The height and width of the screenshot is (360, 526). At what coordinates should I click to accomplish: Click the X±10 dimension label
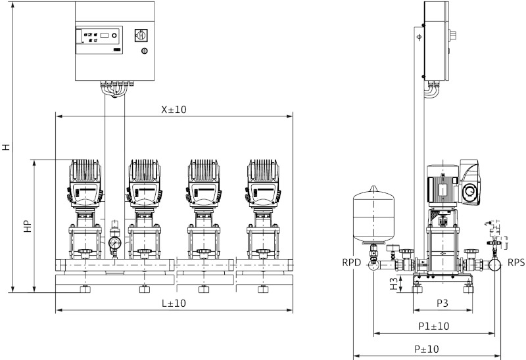coord(174,110)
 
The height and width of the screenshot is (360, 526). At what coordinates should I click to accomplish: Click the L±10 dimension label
coord(174,303)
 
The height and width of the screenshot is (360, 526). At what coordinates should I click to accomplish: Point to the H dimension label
coord(7,148)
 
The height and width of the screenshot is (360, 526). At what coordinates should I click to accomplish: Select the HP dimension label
coord(28,225)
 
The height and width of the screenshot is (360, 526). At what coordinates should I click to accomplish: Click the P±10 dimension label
coord(427,349)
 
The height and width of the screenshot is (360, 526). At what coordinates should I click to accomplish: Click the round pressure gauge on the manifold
coord(114,244)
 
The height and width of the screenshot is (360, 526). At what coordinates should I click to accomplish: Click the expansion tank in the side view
coord(373,214)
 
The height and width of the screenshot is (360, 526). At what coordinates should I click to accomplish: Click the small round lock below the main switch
coord(145,51)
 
